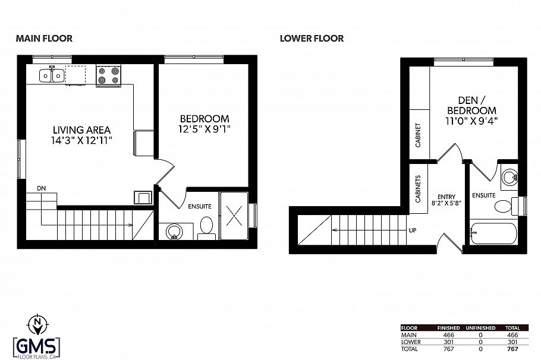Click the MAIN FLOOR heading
(x=44, y=39)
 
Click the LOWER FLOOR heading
(x=312, y=39)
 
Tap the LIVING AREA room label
(x=81, y=130)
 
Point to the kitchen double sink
(x=52, y=75)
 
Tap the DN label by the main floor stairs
(x=41, y=188)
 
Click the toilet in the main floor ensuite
(x=207, y=226)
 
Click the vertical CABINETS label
(x=419, y=189)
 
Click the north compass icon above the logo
(x=37, y=324)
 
